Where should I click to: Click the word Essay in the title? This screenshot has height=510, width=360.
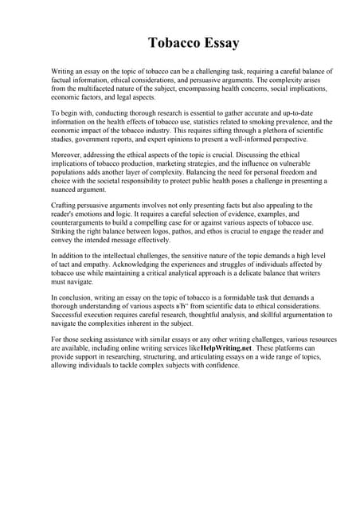click(x=217, y=42)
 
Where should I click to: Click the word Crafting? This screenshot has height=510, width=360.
click(x=66, y=206)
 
